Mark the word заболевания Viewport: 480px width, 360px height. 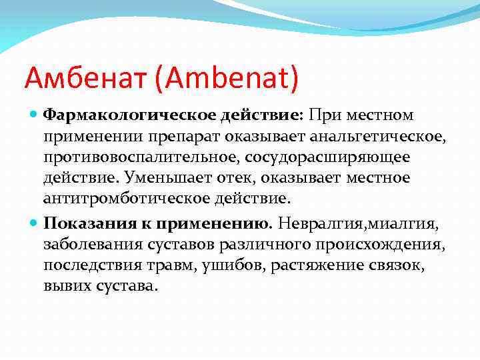85,243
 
